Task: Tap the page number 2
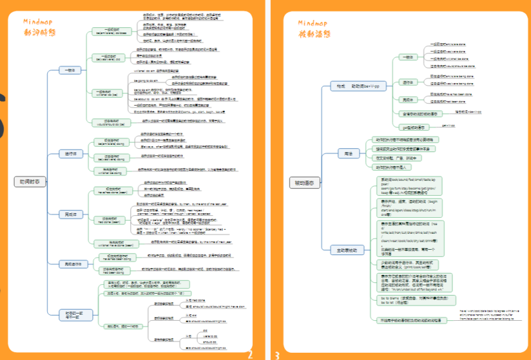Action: pos(250,354)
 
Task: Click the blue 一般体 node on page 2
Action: pos(69,70)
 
